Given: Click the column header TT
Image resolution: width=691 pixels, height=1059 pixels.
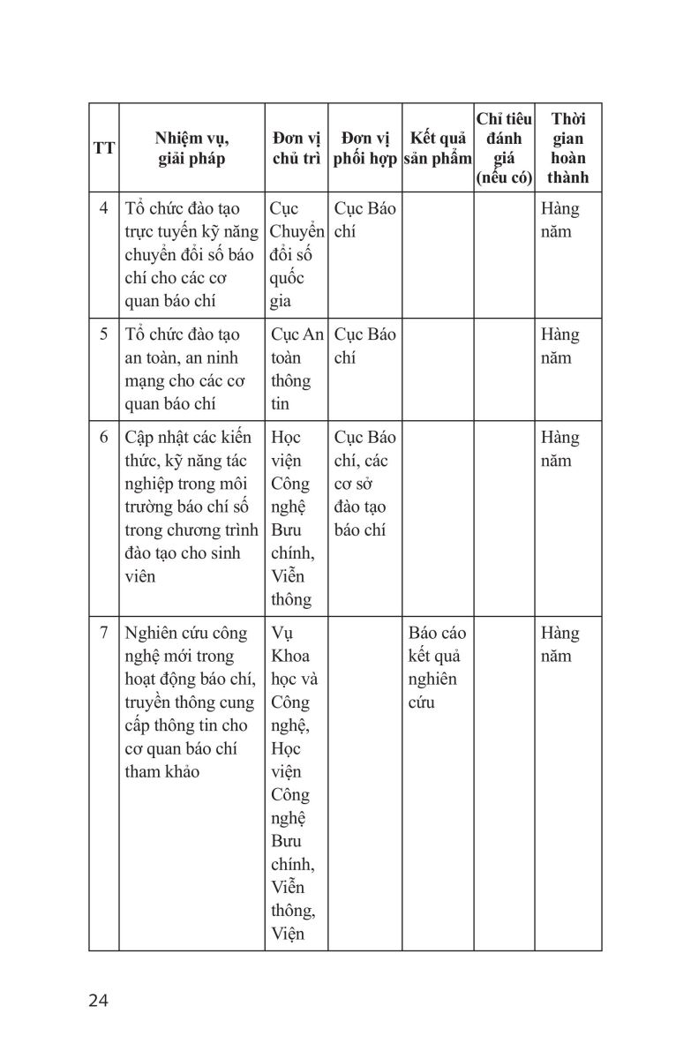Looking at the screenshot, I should coord(103,148).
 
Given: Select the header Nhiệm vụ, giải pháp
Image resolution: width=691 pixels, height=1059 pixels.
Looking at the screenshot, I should coord(192,148).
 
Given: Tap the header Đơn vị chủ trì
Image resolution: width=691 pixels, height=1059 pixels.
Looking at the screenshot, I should coord(296,148).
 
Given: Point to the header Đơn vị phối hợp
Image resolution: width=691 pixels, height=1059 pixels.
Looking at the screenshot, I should coord(365,148).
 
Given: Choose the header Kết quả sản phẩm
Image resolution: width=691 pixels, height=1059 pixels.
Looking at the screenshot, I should coord(438,148).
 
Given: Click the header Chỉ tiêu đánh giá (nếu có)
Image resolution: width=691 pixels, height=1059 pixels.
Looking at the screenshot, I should coord(504,148).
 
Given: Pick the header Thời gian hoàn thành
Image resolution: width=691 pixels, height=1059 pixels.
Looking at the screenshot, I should coord(567,148).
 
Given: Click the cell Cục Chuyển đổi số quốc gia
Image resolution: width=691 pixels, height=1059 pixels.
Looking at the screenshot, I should coord(296,255).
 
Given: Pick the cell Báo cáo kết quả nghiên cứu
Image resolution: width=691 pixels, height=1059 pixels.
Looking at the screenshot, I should coord(438,668).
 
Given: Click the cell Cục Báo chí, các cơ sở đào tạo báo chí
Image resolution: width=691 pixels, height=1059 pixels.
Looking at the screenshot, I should coord(365,484).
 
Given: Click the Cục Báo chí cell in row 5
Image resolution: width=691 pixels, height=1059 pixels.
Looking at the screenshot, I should coord(365,347).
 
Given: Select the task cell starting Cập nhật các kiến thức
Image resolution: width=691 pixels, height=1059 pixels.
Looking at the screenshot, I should coord(191,507).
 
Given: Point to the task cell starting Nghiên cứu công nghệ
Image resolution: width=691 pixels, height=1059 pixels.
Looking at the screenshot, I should coord(191,702).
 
